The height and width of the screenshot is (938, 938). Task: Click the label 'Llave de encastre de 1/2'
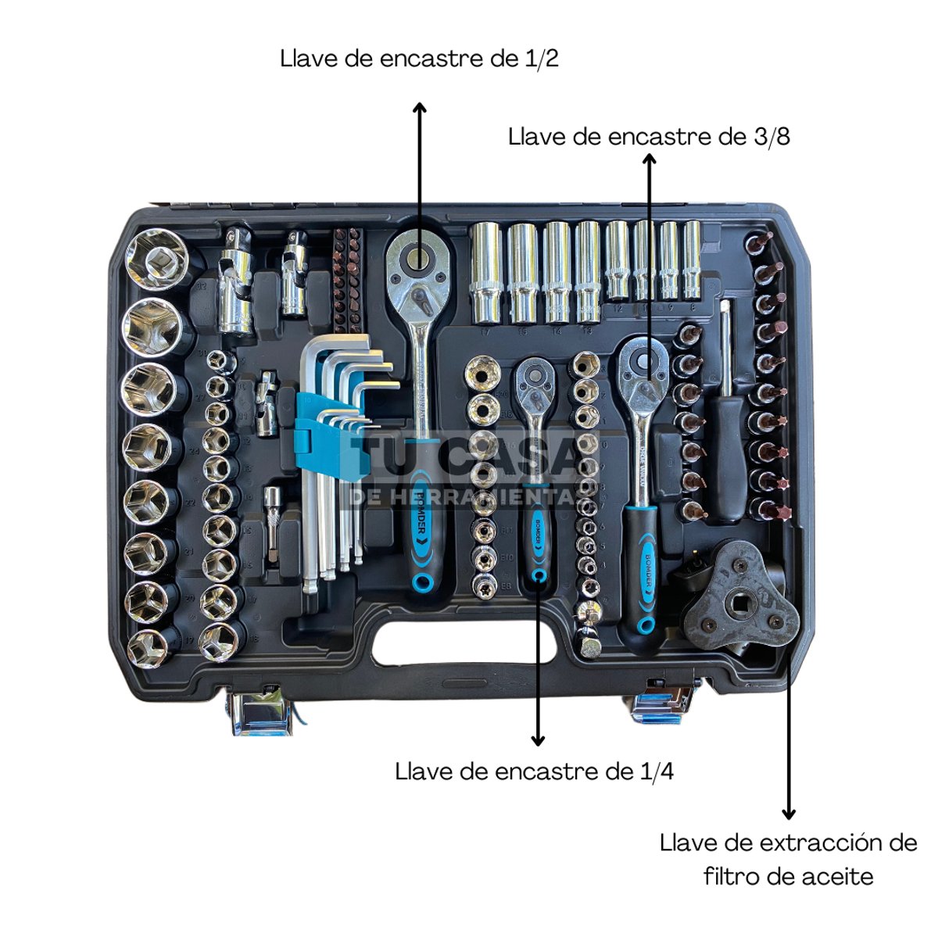420,59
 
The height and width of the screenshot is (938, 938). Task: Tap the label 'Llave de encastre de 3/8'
649,136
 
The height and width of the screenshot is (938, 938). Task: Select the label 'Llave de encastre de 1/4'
535,772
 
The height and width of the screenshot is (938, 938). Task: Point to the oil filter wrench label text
788,859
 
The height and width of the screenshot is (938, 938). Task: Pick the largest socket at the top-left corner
159,258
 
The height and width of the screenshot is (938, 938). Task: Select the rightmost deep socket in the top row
692,258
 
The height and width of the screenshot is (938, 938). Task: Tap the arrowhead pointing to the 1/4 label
537,739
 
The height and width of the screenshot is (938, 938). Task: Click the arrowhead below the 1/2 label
420,107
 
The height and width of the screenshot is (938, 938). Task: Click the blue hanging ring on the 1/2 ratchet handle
422,582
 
